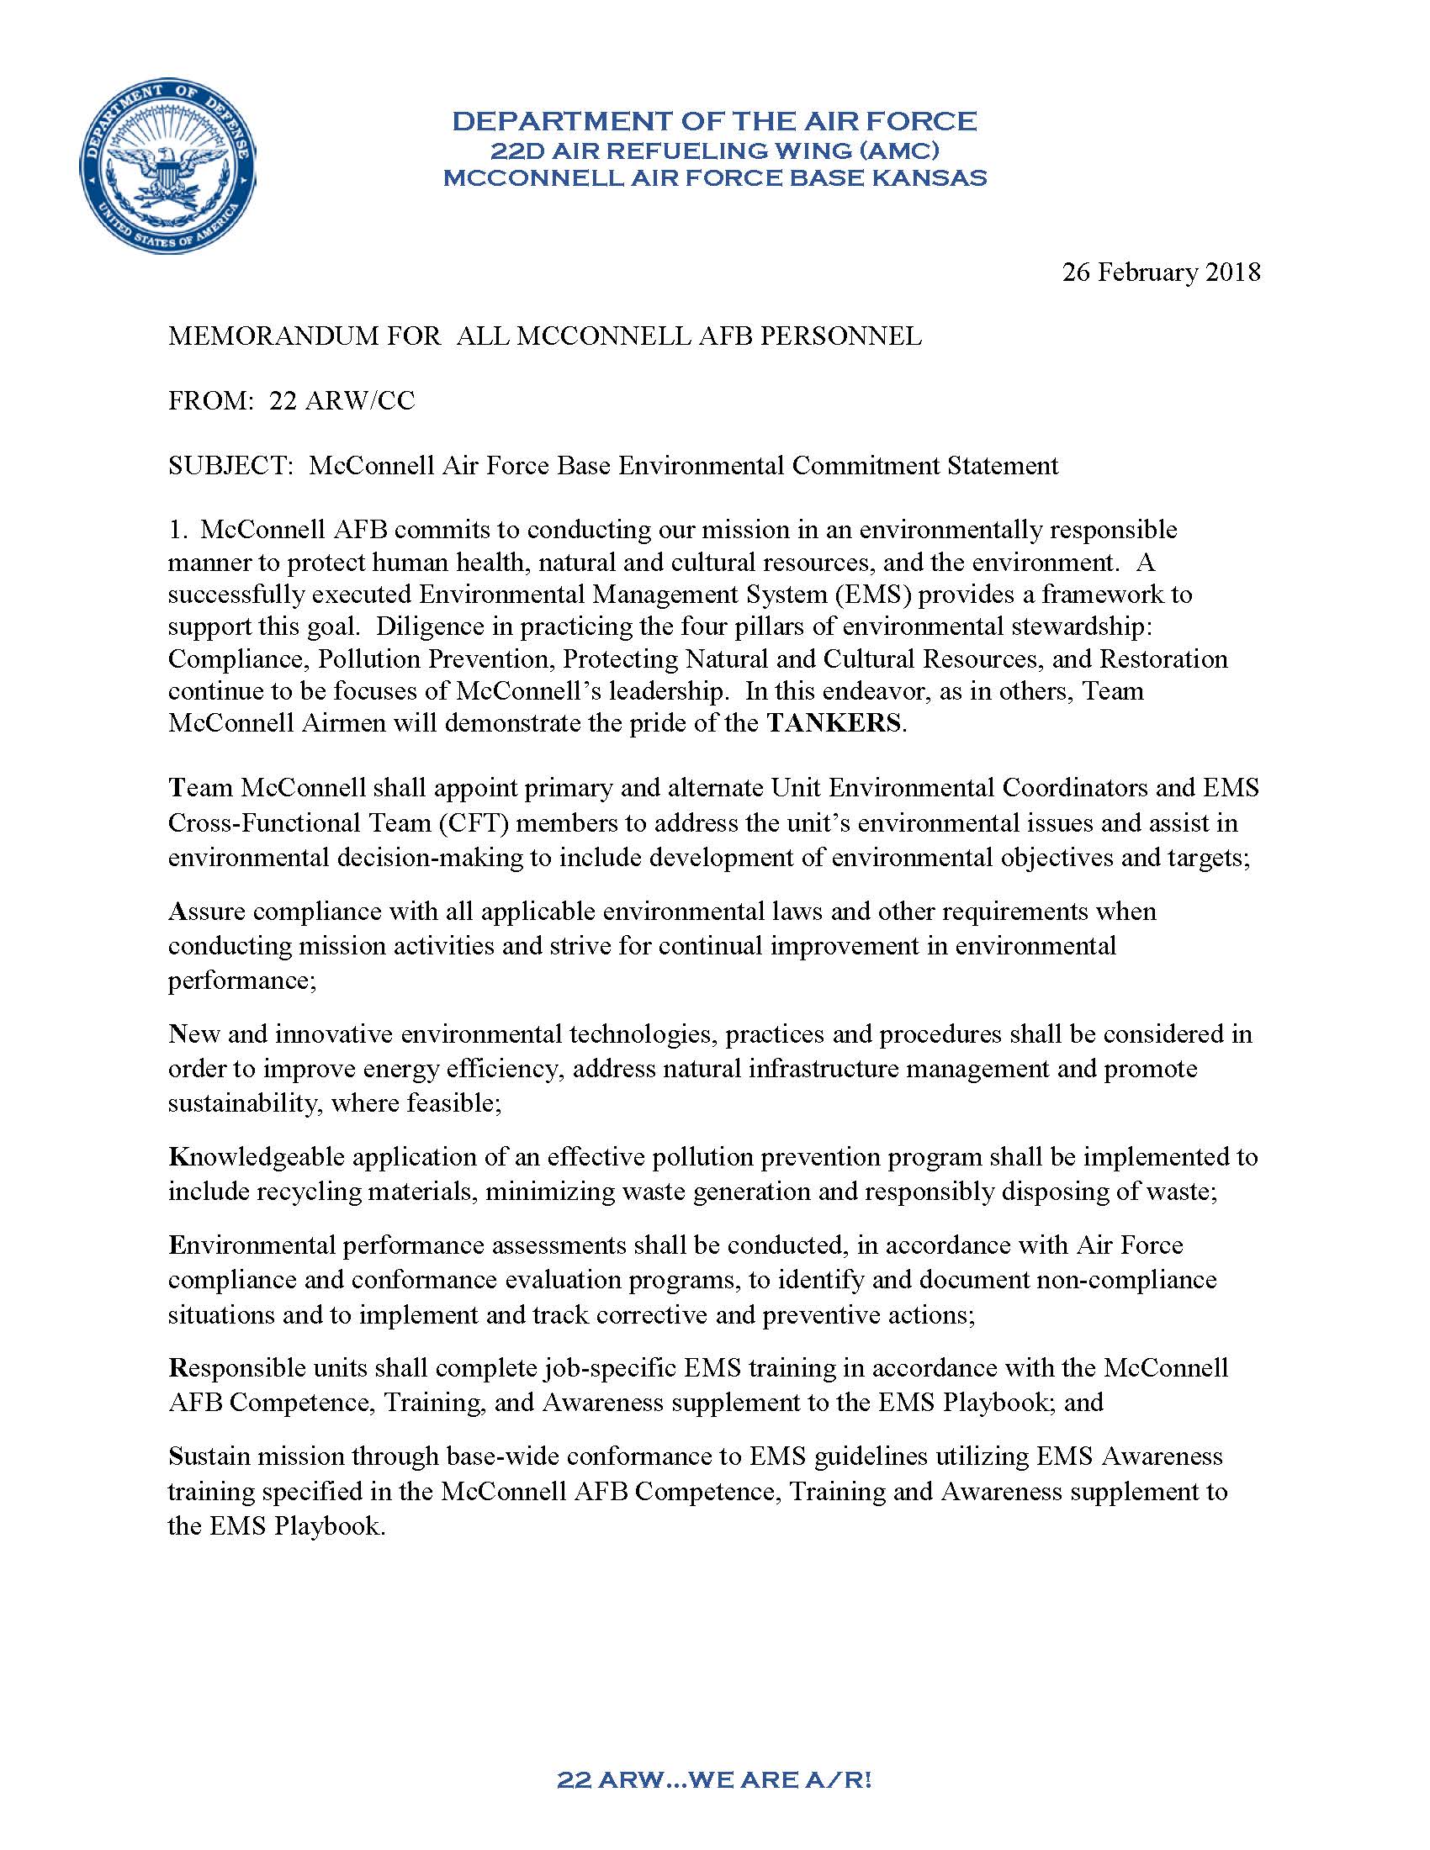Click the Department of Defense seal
pos(167,166)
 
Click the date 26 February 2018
pos(1161,272)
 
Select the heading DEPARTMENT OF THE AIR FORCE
pos(714,121)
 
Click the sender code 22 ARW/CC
pos(342,400)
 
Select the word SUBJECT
pos(230,465)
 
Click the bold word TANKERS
pos(834,723)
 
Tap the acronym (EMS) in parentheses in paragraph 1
pos(872,595)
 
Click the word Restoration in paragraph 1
pos(1163,659)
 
